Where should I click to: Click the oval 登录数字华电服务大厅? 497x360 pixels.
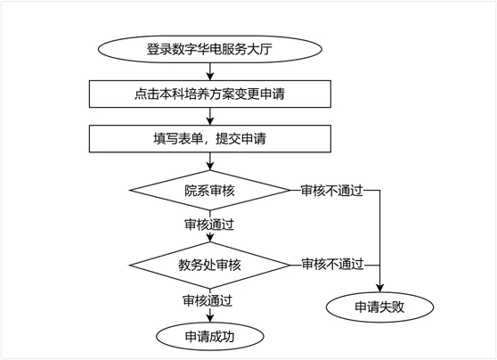(x=210, y=49)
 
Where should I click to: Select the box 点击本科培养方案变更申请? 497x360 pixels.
(x=210, y=94)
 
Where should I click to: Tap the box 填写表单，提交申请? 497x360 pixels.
(x=210, y=139)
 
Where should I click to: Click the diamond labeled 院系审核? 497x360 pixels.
(x=210, y=191)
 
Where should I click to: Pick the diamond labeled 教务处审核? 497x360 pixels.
(x=210, y=266)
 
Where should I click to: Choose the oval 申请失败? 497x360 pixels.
(x=379, y=307)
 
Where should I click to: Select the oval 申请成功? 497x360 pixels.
(x=210, y=337)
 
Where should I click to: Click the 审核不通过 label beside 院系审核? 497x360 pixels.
(x=331, y=191)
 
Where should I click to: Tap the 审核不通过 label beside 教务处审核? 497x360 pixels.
(x=332, y=265)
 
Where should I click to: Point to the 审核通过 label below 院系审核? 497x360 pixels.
(x=209, y=225)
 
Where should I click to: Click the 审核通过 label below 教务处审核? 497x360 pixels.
(x=208, y=300)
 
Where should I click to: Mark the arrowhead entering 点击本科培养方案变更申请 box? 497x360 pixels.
(x=210, y=77)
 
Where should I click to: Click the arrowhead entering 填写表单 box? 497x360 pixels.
(x=210, y=121)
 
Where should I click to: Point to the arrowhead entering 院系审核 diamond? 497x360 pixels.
(x=210, y=167)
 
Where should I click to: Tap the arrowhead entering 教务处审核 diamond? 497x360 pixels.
(x=210, y=238)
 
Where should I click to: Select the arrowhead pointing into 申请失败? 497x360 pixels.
(x=379, y=288)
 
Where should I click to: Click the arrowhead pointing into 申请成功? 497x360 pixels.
(x=210, y=318)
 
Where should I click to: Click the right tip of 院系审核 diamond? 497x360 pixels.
(x=290, y=191)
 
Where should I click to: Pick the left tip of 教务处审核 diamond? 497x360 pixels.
(x=130, y=266)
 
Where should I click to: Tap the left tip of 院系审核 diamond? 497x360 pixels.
(x=130, y=191)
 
